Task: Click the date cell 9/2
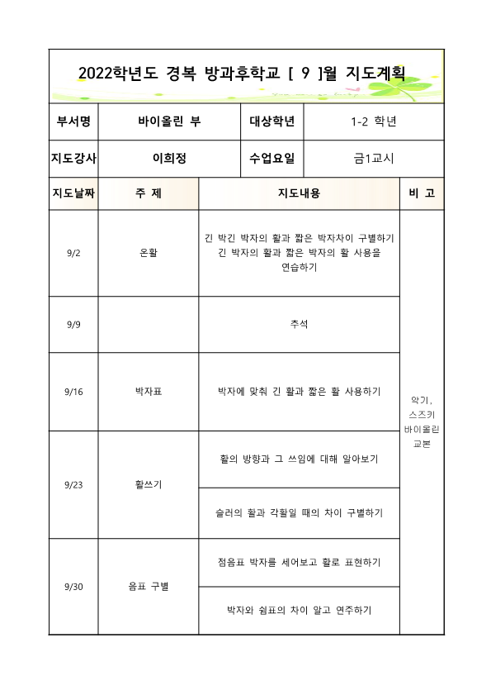(73, 253)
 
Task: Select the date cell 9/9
(73, 324)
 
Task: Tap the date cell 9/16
(73, 391)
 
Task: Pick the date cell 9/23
(73, 484)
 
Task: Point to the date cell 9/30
(73, 586)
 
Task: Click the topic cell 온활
(149, 253)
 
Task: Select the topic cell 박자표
(149, 391)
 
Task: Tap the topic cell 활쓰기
(149, 484)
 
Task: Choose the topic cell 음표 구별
(149, 586)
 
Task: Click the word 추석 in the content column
(299, 324)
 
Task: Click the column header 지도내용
(299, 193)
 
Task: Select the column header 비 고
(422, 193)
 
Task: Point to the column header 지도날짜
(73, 193)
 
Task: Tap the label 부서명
(73, 121)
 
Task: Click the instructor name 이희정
(170, 159)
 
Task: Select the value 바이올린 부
(170, 121)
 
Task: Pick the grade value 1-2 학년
(374, 121)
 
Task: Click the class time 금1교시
(374, 159)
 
